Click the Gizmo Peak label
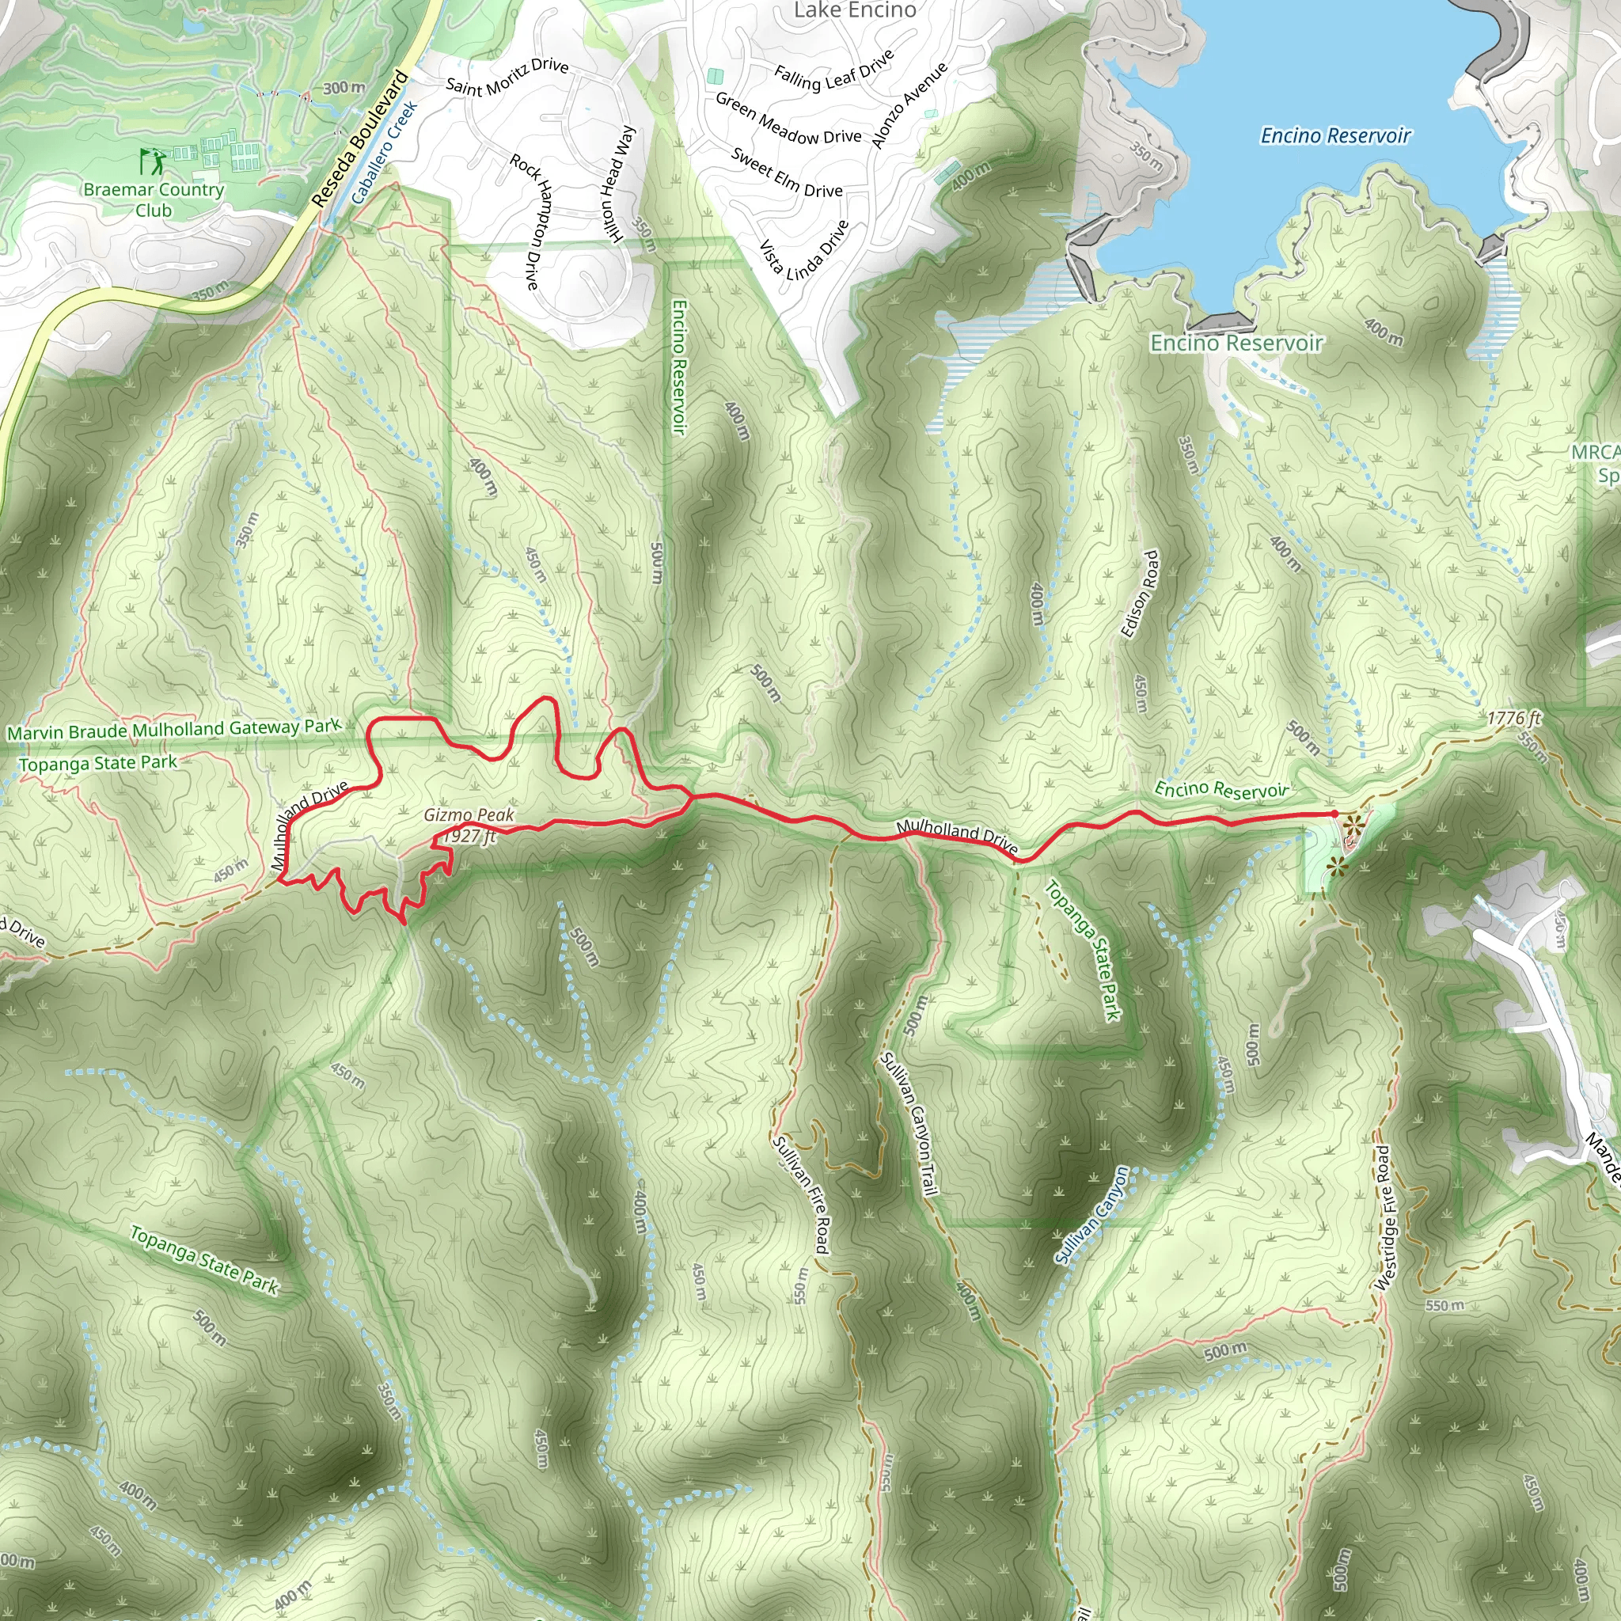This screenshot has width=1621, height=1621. tap(469, 814)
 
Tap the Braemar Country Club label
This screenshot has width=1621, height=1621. tap(154, 199)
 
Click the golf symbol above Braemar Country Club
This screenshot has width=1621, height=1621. tap(153, 160)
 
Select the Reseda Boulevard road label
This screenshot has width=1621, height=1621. tap(359, 139)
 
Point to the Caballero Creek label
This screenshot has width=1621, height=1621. tap(384, 153)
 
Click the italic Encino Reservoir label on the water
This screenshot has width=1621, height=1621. tap(1336, 136)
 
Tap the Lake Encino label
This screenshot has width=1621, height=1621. tap(854, 11)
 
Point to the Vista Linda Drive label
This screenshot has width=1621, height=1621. tap(804, 250)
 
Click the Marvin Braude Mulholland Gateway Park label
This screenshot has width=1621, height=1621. tap(173, 729)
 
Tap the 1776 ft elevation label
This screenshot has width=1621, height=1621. tap(1513, 718)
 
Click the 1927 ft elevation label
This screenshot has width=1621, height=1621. tap(470, 836)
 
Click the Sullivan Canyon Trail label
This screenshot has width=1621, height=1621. tap(908, 1123)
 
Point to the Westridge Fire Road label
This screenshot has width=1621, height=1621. tap(1384, 1218)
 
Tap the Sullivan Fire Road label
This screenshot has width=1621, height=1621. tap(801, 1194)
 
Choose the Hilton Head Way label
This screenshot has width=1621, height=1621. tap(617, 185)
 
